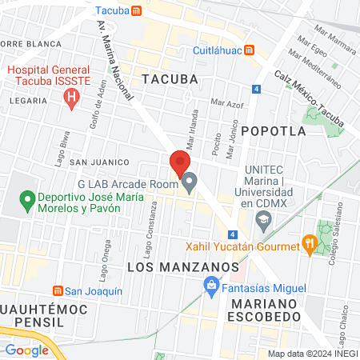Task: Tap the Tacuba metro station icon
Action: tap(137, 11)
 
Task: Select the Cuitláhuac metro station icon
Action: tap(250, 50)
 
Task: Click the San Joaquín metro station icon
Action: tap(57, 291)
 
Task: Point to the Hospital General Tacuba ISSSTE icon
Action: tap(71, 99)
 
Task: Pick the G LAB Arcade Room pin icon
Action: tap(189, 184)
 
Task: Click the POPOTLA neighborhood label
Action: tap(273, 130)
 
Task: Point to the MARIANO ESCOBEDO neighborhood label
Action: tap(265, 312)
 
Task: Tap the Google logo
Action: tap(26, 350)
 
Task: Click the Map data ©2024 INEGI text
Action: tap(312, 354)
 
